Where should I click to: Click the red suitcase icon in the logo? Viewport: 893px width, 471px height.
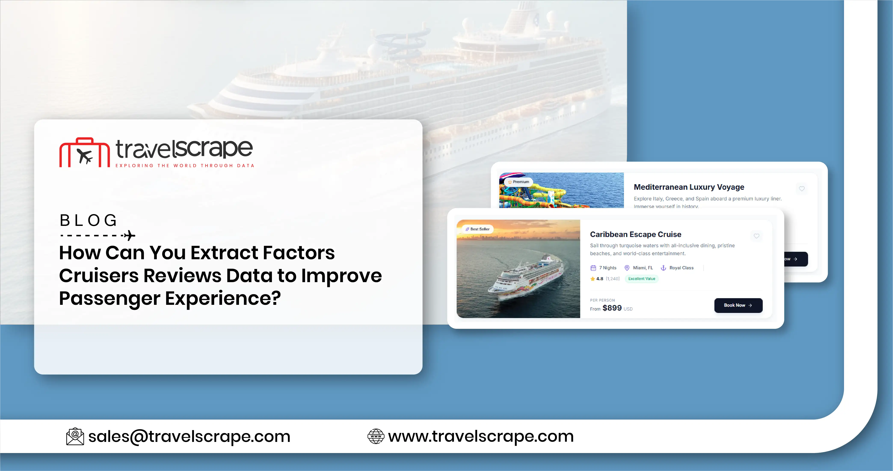tap(84, 153)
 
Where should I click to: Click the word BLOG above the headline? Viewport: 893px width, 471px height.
tap(88, 221)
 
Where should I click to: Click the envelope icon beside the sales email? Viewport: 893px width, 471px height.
tap(75, 436)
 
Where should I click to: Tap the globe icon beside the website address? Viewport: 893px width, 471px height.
tap(376, 436)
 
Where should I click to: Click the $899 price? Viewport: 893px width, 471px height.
tap(612, 308)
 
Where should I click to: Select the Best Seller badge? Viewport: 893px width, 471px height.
tap(478, 229)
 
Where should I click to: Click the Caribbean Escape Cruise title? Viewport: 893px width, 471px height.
tap(635, 234)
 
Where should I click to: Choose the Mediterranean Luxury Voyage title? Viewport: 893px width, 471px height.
tap(689, 187)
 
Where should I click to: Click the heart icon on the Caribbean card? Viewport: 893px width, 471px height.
tap(756, 236)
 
